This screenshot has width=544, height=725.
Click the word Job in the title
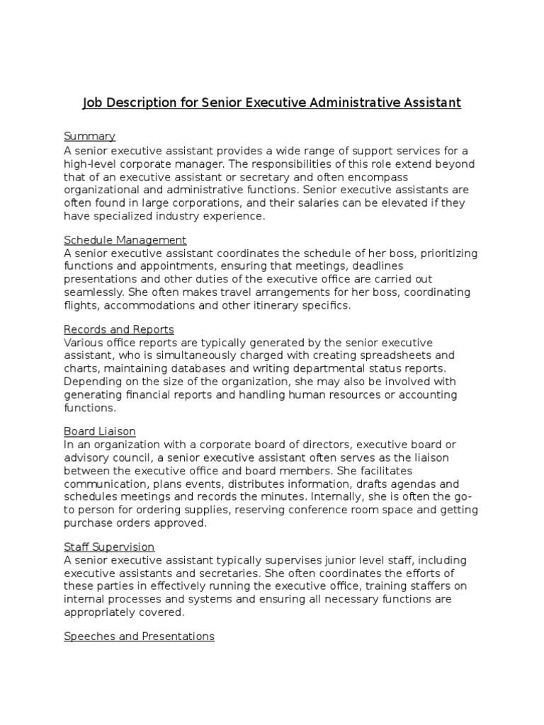pyautogui.click(x=93, y=103)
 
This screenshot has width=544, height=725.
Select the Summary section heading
pyautogui.click(x=89, y=136)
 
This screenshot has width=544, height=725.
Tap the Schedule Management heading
pyautogui.click(x=125, y=240)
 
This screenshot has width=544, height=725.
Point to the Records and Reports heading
pyautogui.click(x=118, y=329)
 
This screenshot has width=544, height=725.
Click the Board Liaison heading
pyautogui.click(x=99, y=431)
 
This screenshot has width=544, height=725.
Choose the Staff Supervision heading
pyautogui.click(x=109, y=547)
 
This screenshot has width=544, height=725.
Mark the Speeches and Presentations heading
pyautogui.click(x=139, y=636)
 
